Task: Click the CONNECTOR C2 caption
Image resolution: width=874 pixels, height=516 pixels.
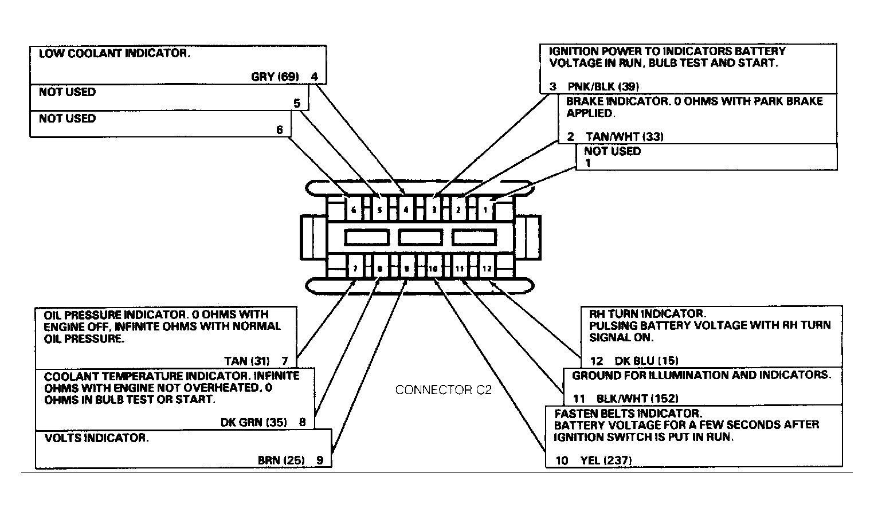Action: coord(443,389)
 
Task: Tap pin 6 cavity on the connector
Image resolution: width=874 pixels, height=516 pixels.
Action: coord(354,210)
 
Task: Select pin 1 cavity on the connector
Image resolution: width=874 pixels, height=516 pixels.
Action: coord(485,210)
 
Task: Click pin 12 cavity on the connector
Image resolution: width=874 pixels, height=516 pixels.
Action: coord(487,269)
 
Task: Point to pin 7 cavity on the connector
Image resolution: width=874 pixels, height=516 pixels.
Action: coord(355,269)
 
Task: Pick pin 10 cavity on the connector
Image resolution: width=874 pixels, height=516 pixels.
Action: coord(433,269)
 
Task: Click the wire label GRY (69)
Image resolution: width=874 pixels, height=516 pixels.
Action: coord(275,76)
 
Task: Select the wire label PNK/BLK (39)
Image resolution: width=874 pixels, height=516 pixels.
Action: coord(603,86)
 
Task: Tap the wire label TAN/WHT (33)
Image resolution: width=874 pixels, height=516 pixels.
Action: coord(625,136)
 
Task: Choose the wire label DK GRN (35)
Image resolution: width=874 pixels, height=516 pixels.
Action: coord(254,423)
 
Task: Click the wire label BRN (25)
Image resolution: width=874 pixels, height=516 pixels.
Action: coord(281,460)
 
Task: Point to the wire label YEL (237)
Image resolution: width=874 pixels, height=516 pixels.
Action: coord(606,460)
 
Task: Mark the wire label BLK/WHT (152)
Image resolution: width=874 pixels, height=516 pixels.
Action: coord(637,399)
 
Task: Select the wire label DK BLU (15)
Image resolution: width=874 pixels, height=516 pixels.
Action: coord(646,361)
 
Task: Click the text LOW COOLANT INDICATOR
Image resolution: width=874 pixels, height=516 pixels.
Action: coord(114,53)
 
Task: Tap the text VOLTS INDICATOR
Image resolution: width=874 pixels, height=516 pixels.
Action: coord(96,438)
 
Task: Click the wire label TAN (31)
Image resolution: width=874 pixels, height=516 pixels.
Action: coord(247,361)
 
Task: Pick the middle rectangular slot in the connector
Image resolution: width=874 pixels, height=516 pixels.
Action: coord(420,238)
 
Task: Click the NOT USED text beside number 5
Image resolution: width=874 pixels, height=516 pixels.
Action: coord(67,92)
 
